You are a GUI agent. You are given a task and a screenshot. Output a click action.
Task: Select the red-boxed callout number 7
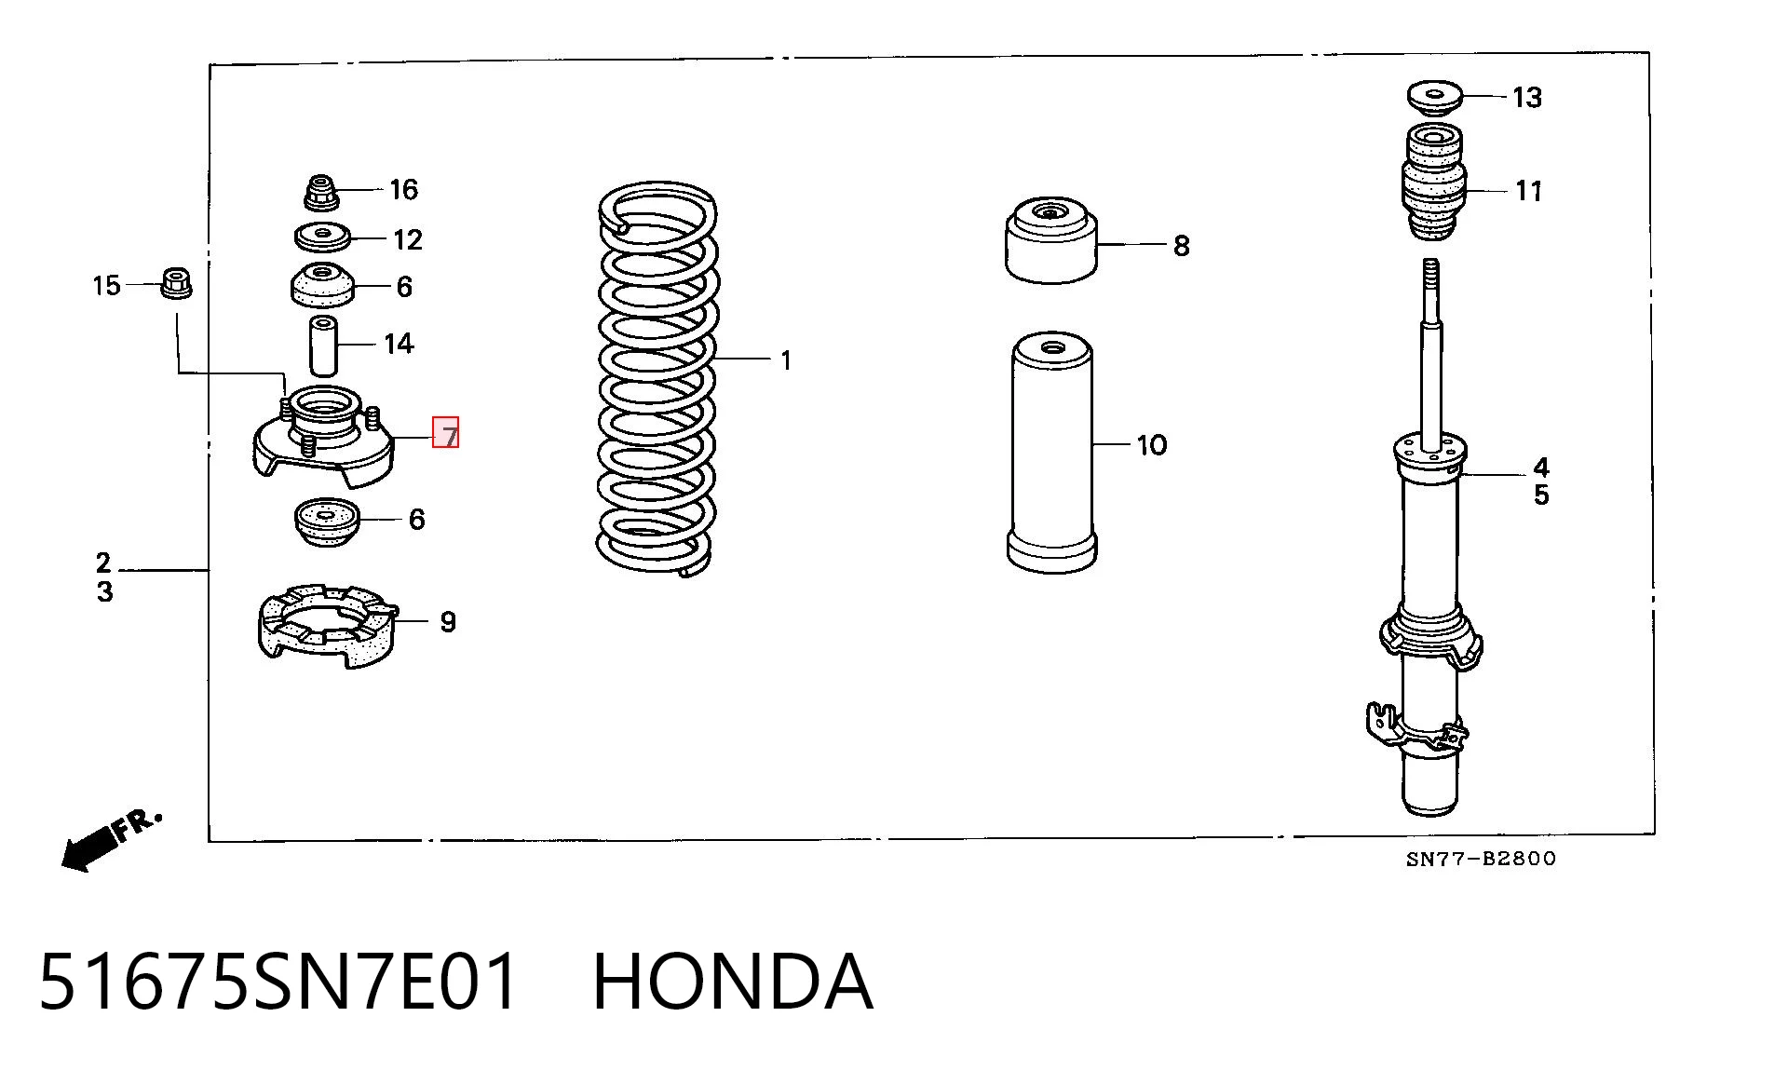tap(446, 433)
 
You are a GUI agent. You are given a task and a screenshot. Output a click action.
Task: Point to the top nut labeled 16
tap(321, 192)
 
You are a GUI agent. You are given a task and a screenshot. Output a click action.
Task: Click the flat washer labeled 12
tap(322, 237)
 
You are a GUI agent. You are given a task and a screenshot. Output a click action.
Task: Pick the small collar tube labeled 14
tap(322, 346)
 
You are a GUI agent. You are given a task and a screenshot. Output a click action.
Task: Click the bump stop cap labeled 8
tap(1051, 240)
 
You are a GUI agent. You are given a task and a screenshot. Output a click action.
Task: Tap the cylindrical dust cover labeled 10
tap(1051, 452)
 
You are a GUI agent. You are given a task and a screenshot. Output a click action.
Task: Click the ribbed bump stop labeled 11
tap(1434, 182)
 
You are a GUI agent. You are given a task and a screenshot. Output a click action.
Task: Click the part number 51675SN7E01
tap(278, 982)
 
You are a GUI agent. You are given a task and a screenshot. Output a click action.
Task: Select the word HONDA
tap(733, 982)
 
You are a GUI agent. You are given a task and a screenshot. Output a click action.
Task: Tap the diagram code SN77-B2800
tap(1481, 859)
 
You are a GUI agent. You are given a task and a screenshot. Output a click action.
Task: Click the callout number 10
tap(1152, 445)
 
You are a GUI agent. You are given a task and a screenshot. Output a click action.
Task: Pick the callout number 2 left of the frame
tap(103, 563)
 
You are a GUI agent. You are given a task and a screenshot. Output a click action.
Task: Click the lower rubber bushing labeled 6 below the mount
tap(326, 522)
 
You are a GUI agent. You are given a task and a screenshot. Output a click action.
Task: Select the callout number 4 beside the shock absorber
tap(1541, 467)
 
